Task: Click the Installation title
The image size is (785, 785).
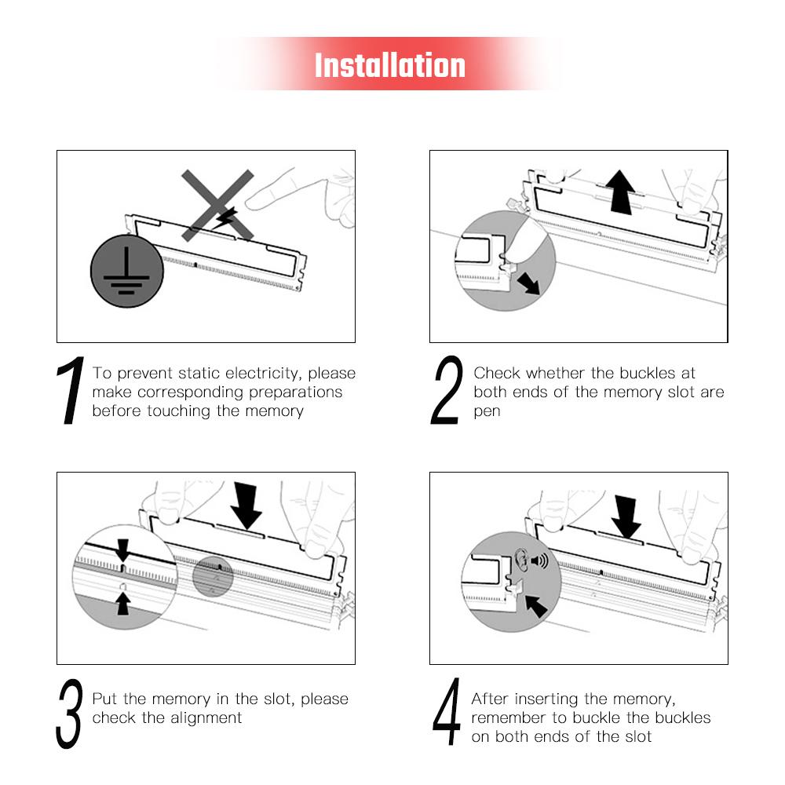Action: coord(390,65)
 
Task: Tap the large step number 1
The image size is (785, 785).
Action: coord(71,390)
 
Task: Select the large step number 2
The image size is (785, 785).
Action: coord(447,390)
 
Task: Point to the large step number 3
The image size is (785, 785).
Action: coord(68,714)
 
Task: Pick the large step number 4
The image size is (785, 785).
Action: coord(447,711)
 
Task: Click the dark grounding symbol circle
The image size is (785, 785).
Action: coord(126,271)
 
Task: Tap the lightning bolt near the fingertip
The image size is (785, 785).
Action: coord(226,218)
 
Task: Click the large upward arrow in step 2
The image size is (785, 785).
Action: coord(620,192)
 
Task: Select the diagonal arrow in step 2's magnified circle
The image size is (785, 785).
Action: coord(528,283)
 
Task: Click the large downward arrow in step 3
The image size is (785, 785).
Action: coord(246,506)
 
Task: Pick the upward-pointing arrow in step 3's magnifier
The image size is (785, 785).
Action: coord(123,603)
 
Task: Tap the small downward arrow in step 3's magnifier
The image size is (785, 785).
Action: coord(122,550)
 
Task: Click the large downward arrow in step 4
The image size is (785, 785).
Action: coord(626,517)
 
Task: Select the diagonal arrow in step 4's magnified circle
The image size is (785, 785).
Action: coord(535,606)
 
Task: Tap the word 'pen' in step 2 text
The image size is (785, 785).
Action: coord(487,412)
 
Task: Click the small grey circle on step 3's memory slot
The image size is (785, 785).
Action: coord(213,577)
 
